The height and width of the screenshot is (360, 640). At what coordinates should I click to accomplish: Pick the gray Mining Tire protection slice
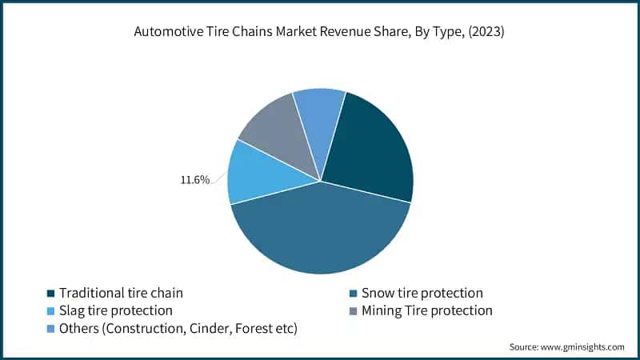click(276, 132)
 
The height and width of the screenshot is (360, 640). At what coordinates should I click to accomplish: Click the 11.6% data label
click(194, 180)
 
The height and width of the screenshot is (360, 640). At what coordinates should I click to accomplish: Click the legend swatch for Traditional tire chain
click(51, 294)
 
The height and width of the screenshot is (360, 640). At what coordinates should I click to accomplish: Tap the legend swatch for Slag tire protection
click(51, 310)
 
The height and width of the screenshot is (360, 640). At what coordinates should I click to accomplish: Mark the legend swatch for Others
click(51, 326)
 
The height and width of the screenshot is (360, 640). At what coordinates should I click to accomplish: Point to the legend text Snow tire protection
click(422, 294)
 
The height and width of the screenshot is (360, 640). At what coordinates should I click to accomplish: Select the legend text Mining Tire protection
click(427, 310)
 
